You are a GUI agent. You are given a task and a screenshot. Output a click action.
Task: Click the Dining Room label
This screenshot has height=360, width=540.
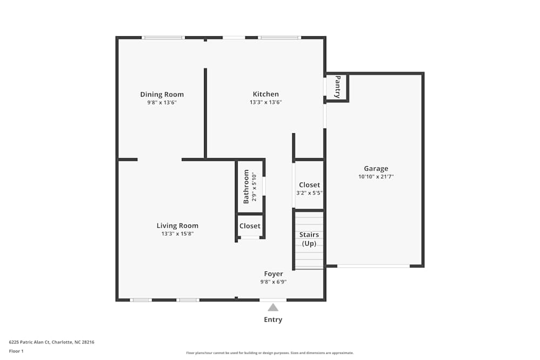pos(162,94)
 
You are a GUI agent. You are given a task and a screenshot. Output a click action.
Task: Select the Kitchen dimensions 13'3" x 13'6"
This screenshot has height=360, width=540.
pos(266,102)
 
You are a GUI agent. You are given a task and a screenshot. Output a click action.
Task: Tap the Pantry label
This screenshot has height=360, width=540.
pos(337,86)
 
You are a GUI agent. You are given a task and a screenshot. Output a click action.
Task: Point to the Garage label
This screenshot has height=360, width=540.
pos(376,168)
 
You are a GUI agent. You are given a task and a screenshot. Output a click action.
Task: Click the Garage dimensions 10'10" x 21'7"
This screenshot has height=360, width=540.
pos(376,176)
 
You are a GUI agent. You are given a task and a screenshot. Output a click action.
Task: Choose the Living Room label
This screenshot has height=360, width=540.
pos(177,226)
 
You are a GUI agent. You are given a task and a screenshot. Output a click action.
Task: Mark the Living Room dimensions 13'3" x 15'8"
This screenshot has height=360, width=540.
pos(177,234)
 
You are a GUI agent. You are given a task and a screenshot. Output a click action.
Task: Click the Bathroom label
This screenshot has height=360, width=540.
pos(246,186)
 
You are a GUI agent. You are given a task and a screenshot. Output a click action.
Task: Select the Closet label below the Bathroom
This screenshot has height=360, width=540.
pos(249,226)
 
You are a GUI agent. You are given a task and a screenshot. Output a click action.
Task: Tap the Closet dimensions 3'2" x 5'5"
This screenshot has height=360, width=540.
pos(309,193)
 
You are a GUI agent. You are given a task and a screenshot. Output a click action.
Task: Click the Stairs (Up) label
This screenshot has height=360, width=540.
pos(309,239)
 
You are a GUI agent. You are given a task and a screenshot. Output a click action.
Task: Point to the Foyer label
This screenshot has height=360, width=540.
pos(273,274)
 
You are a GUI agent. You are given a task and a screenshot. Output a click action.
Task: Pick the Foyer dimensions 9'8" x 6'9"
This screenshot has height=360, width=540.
pos(273,282)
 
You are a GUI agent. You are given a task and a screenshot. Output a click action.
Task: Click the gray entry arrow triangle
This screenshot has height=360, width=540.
pos(273,308)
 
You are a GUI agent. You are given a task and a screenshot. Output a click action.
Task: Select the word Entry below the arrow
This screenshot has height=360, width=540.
pos(273,320)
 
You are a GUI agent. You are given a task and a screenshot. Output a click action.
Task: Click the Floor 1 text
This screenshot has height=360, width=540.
pos(16,351)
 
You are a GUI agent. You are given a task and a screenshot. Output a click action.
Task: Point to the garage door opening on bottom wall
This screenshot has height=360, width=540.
pos(373,266)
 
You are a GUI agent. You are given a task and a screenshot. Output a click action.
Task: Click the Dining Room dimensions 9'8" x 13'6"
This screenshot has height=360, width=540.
pos(162,102)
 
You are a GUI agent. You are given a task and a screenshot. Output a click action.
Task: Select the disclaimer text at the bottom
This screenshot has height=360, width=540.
pos(270,353)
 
